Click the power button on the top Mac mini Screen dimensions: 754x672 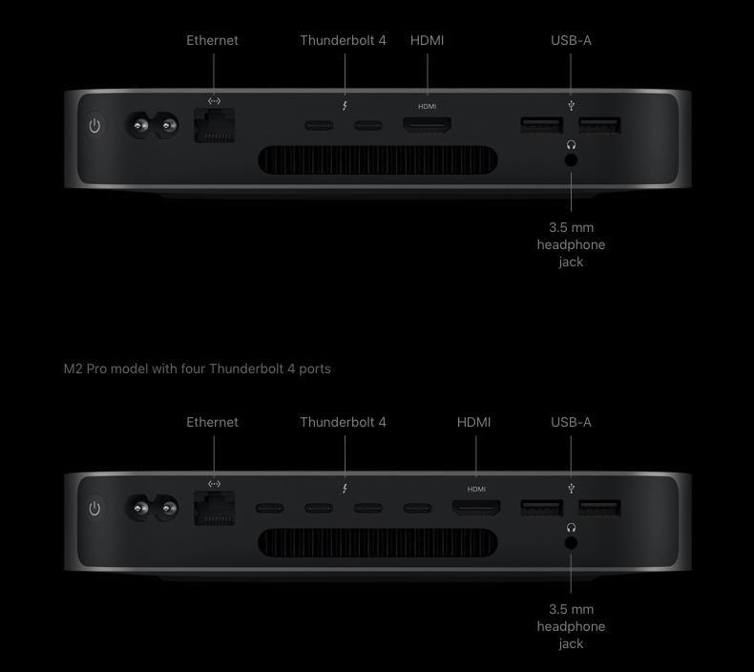pyautogui.click(x=94, y=126)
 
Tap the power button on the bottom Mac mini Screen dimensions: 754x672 pyautogui.click(x=94, y=508)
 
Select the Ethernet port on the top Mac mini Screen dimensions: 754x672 pyautogui.click(x=215, y=126)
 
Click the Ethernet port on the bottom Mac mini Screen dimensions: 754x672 pyautogui.click(x=215, y=508)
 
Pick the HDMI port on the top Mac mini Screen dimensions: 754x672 pyautogui.click(x=427, y=125)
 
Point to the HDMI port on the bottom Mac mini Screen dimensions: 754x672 pyautogui.click(x=476, y=508)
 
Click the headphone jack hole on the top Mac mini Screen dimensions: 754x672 pyautogui.click(x=571, y=160)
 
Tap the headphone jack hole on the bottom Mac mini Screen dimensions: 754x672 pyautogui.click(x=571, y=542)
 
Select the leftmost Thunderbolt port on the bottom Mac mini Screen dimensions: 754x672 pyautogui.click(x=270, y=508)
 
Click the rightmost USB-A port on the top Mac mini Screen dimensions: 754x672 pyautogui.click(x=599, y=125)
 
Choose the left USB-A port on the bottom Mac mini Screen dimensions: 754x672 pyautogui.click(x=542, y=508)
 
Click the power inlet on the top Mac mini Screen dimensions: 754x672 pyautogui.click(x=152, y=126)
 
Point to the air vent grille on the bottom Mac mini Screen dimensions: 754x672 pyautogui.click(x=378, y=542)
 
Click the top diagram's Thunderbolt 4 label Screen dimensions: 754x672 pyautogui.click(x=343, y=40)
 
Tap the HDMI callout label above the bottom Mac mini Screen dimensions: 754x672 pyautogui.click(x=473, y=422)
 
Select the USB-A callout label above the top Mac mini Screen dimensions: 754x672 pyautogui.click(x=571, y=40)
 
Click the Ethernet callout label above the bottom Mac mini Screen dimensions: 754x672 pyautogui.click(x=212, y=422)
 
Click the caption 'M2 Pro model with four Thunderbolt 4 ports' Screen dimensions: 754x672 pyautogui.click(x=198, y=369)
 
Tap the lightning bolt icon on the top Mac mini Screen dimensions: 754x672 pyautogui.click(x=345, y=106)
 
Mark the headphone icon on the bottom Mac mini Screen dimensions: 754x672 pyautogui.click(x=571, y=528)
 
